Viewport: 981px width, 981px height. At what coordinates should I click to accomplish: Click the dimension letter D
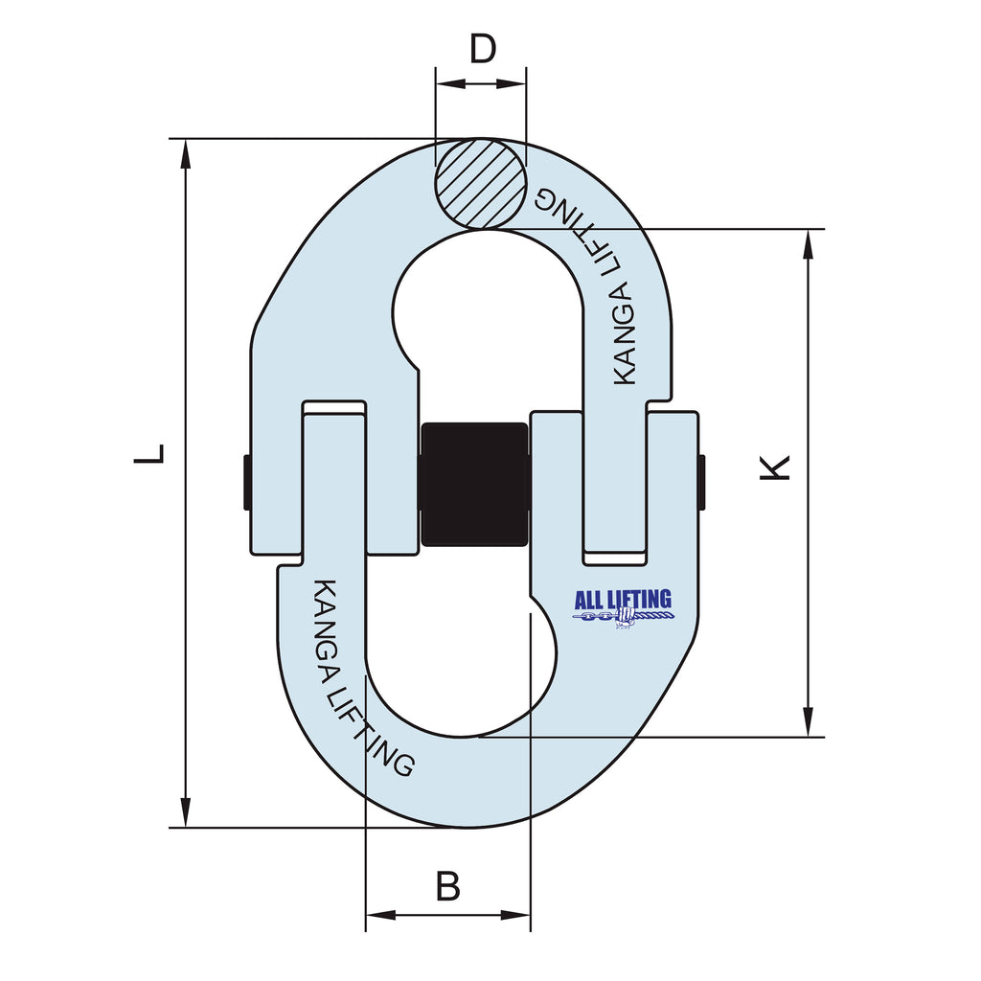[481, 48]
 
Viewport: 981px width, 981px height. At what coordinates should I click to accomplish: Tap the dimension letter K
[778, 467]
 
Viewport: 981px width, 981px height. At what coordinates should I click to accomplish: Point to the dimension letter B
[447, 886]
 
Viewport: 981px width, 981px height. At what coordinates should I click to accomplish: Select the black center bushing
[474, 484]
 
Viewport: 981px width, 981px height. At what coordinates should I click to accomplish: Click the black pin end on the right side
[702, 482]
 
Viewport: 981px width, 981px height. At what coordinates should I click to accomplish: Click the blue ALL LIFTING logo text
[623, 600]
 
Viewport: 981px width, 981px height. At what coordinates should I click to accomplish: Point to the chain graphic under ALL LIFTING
[623, 619]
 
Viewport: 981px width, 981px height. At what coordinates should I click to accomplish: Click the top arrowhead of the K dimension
[810, 243]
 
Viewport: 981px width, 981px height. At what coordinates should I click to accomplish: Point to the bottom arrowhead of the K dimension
[810, 723]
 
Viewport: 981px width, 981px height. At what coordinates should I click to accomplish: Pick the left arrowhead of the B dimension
[379, 915]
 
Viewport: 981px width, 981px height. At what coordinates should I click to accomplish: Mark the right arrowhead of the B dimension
[517, 915]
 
